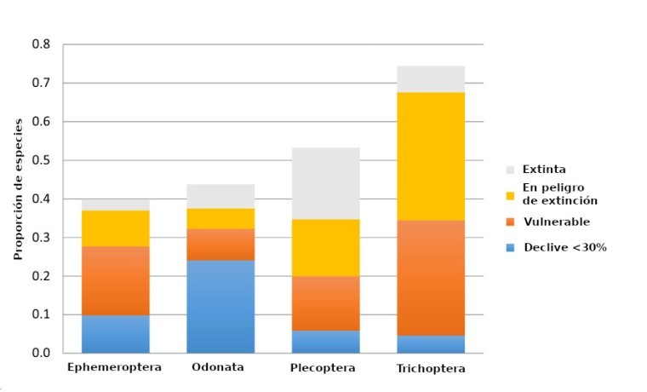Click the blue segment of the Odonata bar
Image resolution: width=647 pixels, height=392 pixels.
click(x=220, y=306)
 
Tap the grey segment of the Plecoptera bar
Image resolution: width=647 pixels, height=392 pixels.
click(x=326, y=183)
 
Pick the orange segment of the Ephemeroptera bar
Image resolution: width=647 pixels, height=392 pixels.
click(x=116, y=280)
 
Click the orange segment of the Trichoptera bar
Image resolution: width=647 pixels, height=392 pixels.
click(x=431, y=277)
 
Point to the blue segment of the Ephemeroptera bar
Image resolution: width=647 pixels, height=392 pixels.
click(x=116, y=334)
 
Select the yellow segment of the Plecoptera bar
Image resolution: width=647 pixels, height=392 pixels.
click(x=326, y=247)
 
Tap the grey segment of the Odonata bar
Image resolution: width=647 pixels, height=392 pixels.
click(x=220, y=196)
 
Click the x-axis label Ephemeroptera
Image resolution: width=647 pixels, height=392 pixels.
click(x=114, y=367)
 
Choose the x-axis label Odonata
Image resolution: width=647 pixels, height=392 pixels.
click(x=218, y=367)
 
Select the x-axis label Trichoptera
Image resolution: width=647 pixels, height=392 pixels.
click(x=431, y=368)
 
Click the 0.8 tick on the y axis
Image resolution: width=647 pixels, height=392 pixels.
click(x=41, y=44)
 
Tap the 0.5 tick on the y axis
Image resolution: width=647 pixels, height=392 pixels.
click(x=41, y=160)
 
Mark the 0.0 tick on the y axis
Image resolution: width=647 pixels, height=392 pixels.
click(x=41, y=353)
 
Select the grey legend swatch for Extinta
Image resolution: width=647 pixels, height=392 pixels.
click(x=511, y=170)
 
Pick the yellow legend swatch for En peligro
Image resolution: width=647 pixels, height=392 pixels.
click(x=511, y=194)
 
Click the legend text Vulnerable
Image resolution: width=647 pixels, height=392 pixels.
click(x=556, y=222)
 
